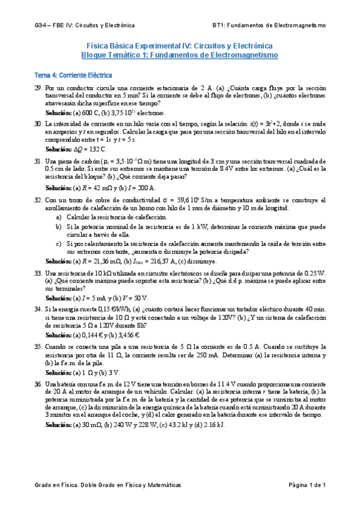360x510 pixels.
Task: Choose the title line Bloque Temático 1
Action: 180,55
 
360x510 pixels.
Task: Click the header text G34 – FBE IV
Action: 84,26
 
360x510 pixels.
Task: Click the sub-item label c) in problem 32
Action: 58,244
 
